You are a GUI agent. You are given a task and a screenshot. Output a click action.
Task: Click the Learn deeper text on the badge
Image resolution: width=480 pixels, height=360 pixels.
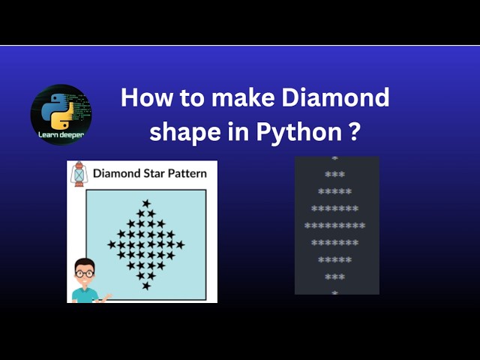61,135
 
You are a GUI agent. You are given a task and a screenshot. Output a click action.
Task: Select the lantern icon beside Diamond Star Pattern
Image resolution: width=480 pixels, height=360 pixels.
79,174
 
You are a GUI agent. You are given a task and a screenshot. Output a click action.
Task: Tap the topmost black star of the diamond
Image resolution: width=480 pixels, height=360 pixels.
146,203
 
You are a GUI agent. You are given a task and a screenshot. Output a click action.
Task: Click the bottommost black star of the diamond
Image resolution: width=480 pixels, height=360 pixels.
146,286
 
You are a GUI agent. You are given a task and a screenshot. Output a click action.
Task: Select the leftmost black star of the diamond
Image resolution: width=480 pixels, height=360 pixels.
112,244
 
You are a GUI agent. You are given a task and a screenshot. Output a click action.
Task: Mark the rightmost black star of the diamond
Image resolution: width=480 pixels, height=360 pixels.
180,244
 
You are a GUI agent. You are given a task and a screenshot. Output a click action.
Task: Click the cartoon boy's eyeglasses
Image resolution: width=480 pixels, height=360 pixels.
85,274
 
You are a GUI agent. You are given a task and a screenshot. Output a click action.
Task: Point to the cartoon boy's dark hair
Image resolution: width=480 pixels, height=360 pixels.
85,263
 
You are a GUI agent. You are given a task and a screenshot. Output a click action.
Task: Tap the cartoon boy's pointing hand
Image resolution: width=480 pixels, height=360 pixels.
107,297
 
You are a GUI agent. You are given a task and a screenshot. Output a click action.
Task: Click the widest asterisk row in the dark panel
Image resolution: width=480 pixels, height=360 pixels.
334,225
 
